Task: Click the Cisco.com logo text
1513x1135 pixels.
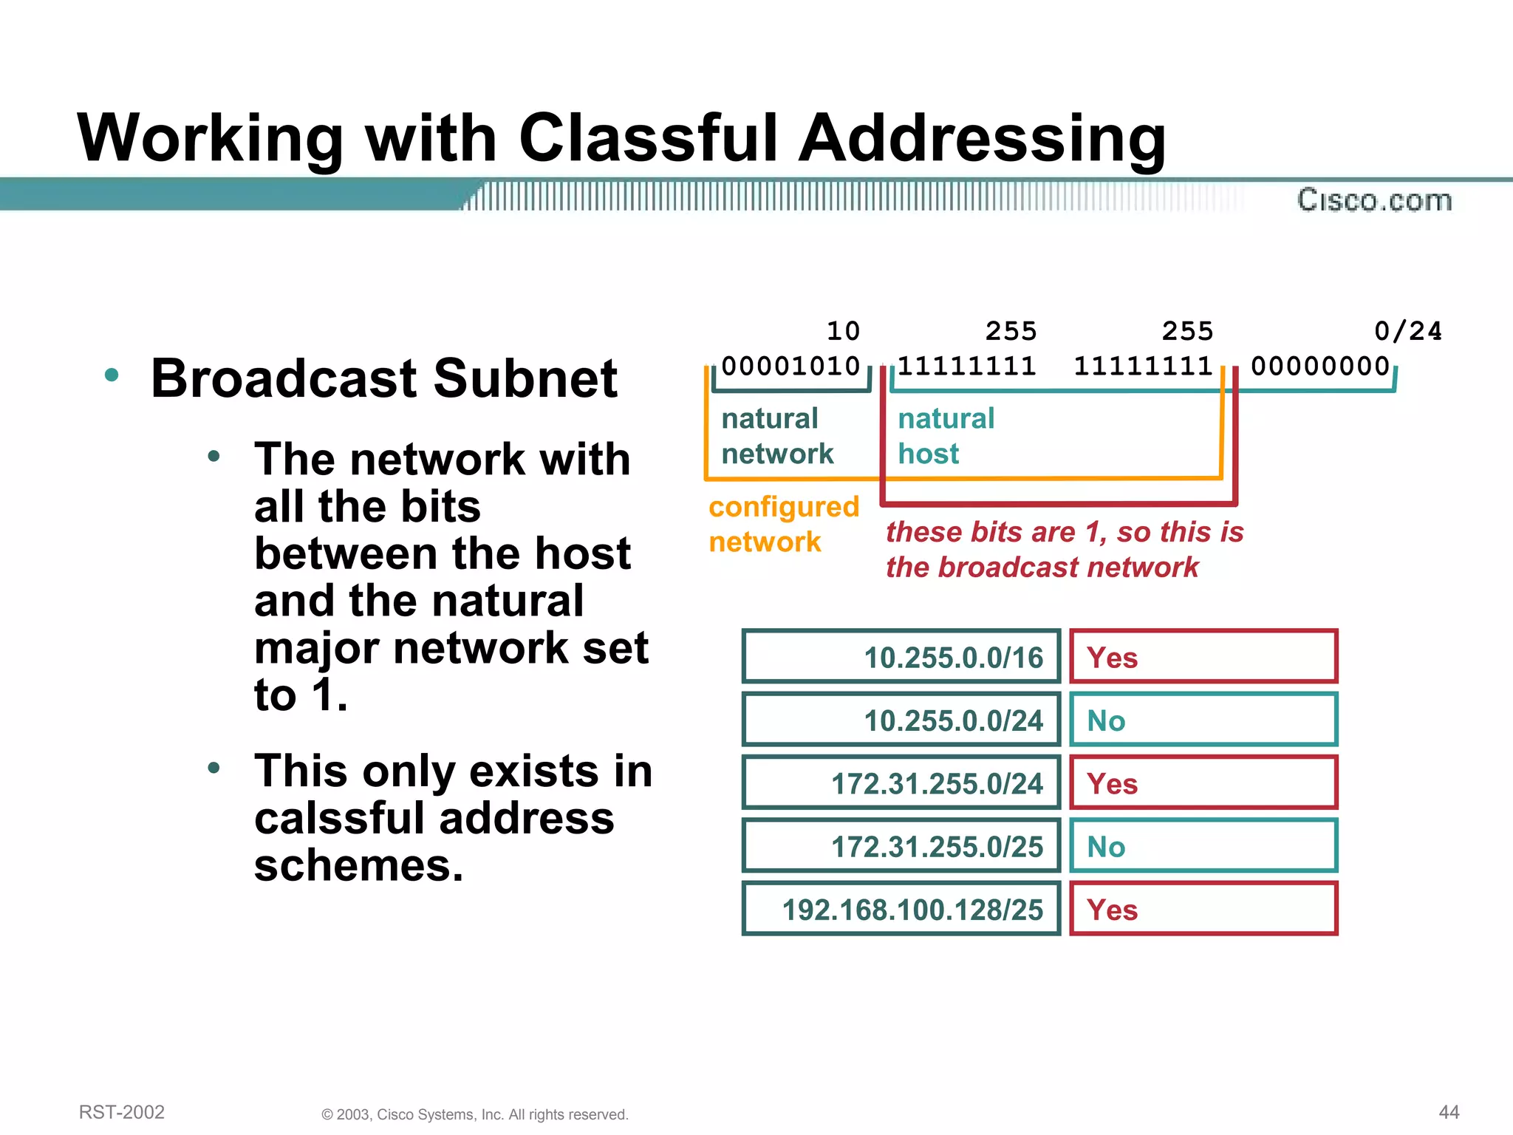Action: (x=1374, y=200)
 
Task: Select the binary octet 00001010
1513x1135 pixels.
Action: (x=790, y=366)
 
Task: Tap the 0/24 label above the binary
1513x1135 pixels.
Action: (x=1407, y=330)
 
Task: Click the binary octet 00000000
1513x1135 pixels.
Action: (x=1320, y=366)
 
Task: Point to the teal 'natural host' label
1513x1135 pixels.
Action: (x=946, y=436)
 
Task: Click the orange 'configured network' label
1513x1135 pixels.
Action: (x=783, y=524)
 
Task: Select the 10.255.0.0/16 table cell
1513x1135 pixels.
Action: (x=901, y=656)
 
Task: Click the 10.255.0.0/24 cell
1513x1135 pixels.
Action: (x=901, y=720)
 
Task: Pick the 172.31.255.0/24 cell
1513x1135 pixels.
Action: (x=901, y=783)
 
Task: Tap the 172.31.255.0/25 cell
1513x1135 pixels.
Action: (x=901, y=846)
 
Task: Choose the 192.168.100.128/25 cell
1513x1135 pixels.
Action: (x=901, y=909)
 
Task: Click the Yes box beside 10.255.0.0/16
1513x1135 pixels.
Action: (x=1203, y=656)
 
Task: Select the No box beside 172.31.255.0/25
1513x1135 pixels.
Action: (x=1203, y=846)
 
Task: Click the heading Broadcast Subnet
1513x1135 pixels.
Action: (x=383, y=378)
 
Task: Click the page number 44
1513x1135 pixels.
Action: (x=1449, y=1112)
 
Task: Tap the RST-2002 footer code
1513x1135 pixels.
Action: (x=122, y=1112)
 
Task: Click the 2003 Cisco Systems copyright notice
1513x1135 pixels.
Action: (x=474, y=1114)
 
